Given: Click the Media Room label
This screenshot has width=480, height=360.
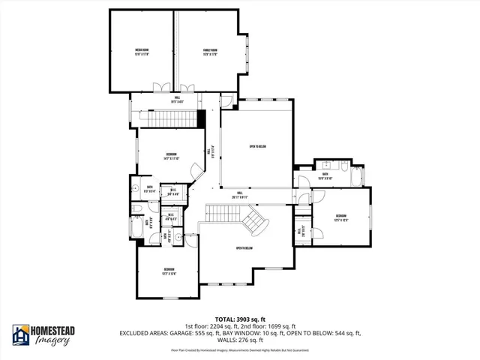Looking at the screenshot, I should pos(140,52).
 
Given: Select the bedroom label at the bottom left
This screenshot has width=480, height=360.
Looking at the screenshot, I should pos(169,271).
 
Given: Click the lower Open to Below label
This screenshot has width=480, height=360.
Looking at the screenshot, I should pos(244,248).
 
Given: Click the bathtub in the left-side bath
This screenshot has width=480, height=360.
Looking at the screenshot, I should pos(134,188).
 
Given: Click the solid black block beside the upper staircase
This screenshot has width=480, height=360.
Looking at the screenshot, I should pos(201,118).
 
